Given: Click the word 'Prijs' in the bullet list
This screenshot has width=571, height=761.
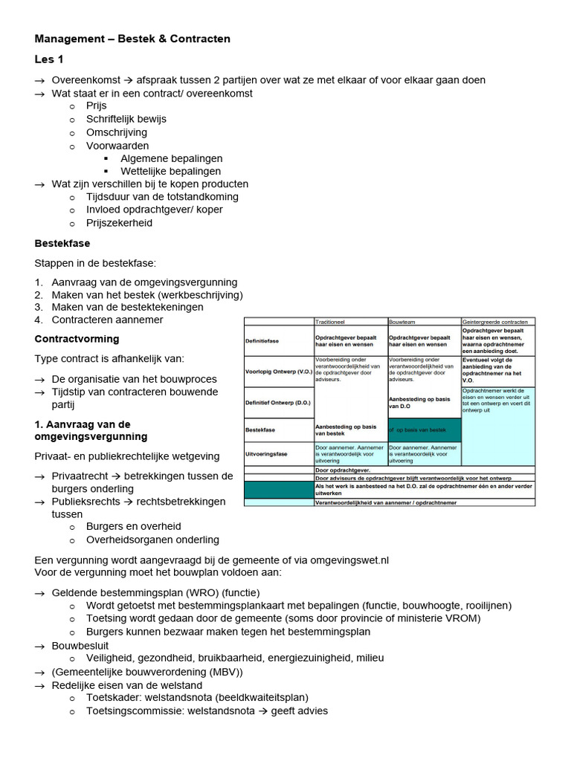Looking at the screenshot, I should coord(97,106).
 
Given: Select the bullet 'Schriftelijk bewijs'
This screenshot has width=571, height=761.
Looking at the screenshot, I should coord(126,119).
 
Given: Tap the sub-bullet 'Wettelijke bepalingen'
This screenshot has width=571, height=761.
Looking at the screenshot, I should coord(171,171).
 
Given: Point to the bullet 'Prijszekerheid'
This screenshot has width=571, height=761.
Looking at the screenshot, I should coord(120,223).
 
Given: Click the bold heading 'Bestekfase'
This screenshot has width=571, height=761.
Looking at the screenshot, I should coord(62,243).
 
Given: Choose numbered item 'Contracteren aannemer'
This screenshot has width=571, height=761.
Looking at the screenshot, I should coord(107,320).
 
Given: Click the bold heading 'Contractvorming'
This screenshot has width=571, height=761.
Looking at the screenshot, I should coord(77,339).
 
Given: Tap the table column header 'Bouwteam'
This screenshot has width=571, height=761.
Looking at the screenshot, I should coord(404,321).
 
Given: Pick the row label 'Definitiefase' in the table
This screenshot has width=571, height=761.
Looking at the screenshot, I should coord(263,341).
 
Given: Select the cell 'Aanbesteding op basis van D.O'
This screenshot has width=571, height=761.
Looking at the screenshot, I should coord(419,402).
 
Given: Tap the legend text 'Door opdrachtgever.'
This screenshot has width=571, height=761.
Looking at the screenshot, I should coord(343,470).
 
